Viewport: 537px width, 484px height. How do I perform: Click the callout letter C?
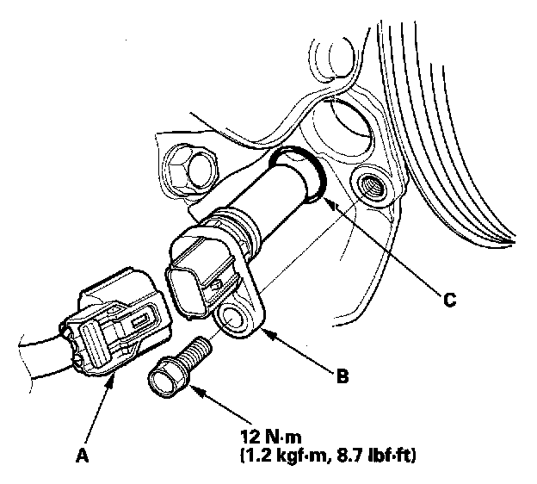tap(448, 301)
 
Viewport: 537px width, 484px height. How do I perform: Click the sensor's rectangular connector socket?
tap(188, 285)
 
